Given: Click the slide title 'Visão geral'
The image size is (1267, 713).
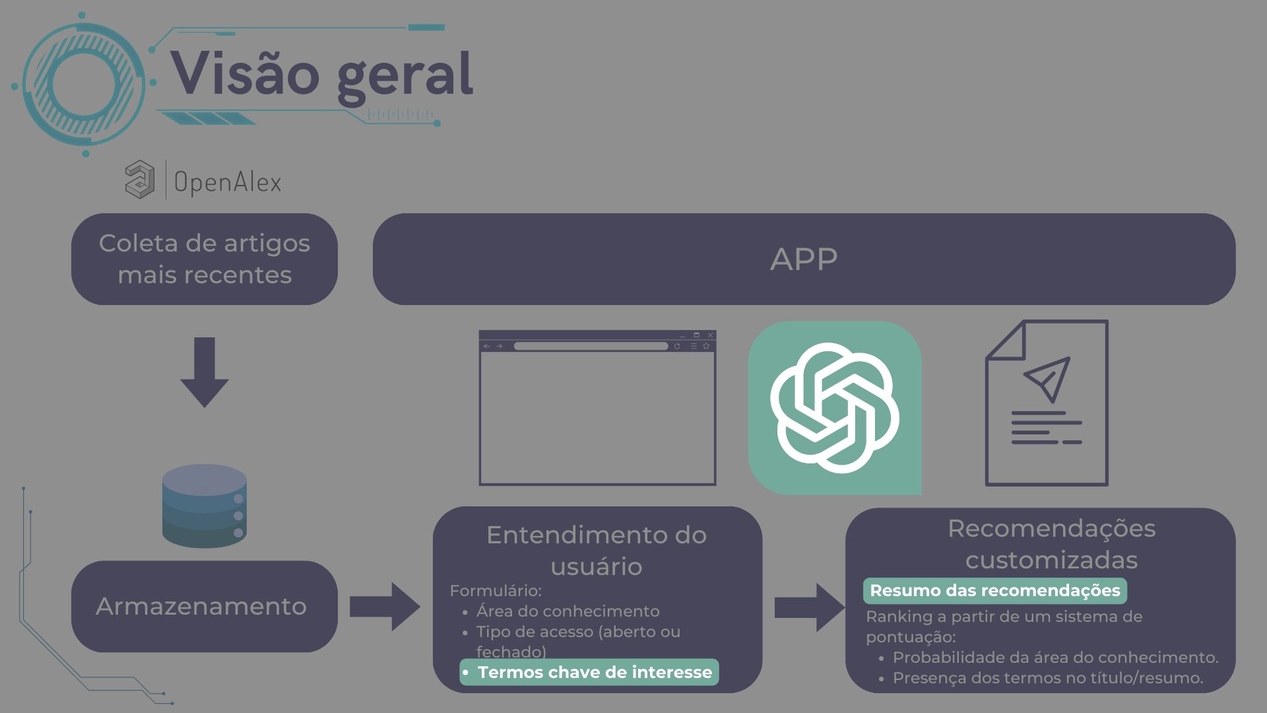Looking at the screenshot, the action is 322,74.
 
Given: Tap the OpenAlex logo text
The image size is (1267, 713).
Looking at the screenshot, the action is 228,182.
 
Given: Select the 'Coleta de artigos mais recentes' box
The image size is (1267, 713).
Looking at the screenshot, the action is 205,259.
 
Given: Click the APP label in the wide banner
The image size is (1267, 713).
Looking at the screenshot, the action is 804,259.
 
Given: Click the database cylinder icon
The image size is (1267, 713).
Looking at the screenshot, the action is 205,506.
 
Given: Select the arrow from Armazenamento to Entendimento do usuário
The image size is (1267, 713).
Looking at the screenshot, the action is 385,606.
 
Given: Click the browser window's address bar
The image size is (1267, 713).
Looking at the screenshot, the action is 591,346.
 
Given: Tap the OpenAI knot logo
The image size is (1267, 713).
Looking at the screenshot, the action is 834,407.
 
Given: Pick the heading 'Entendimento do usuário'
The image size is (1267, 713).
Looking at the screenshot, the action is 597,550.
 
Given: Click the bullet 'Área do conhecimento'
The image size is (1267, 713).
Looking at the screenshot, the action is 568,611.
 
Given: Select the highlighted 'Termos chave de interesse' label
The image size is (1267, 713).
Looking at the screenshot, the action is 589,672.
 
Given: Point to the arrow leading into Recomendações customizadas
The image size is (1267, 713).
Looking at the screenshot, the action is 809,607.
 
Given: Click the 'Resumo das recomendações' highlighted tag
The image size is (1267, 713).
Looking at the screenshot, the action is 994,590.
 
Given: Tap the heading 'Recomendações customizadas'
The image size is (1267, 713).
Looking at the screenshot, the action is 1051,544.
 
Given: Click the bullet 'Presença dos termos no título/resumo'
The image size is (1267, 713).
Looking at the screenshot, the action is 1047,678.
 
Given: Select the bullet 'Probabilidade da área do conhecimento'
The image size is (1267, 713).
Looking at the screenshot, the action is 1055,658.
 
